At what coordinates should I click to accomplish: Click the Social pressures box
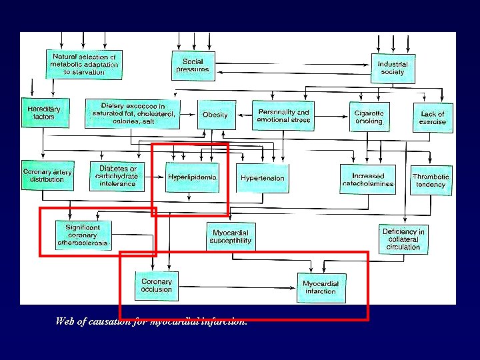click(192, 65)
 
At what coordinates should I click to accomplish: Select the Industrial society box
click(393, 68)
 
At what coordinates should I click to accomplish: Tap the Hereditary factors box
click(43, 113)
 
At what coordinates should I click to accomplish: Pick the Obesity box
click(215, 115)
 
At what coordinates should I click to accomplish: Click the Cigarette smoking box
click(369, 117)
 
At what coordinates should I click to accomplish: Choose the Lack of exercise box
click(432, 118)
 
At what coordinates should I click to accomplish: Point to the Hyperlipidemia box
click(191, 177)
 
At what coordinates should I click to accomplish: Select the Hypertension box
click(262, 178)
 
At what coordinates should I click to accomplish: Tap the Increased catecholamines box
click(368, 179)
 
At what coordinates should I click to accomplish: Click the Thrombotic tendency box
click(431, 180)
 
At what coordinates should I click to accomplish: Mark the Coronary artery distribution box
click(47, 175)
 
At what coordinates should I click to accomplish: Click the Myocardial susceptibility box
click(231, 236)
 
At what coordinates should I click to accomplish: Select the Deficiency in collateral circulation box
click(403, 239)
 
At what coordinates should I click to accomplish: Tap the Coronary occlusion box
click(156, 285)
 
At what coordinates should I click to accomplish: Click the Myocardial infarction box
click(321, 287)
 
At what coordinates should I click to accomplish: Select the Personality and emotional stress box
click(283, 116)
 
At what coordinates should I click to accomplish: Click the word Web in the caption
click(65, 321)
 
